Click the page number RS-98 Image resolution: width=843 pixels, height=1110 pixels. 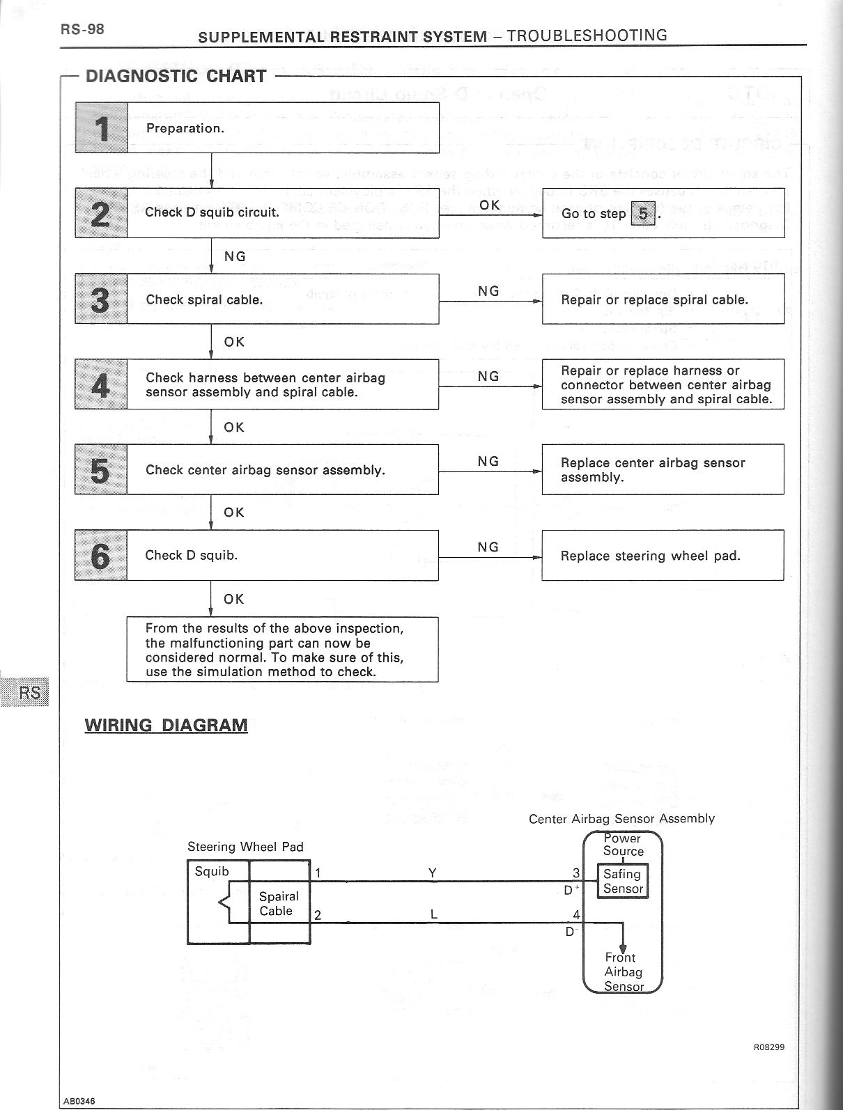(82, 30)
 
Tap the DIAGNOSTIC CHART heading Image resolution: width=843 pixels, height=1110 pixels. (176, 76)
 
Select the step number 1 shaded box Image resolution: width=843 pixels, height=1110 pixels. (101, 128)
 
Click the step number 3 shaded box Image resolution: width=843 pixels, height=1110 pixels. (101, 299)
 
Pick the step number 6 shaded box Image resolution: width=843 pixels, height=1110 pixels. (101, 556)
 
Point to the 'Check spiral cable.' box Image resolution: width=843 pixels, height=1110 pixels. (283, 299)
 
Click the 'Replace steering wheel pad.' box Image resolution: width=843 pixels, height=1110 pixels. (663, 556)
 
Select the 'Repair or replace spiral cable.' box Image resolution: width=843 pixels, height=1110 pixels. (663, 299)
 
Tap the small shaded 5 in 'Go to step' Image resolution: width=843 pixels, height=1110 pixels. (643, 214)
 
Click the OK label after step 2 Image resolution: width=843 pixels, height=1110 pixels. (490, 205)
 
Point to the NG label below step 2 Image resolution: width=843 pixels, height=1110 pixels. (235, 256)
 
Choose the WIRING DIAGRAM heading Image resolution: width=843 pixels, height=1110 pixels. (166, 725)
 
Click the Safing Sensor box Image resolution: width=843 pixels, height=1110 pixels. (623, 881)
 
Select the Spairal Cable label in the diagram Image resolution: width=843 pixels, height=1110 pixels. (279, 903)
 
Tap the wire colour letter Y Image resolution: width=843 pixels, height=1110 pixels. (433, 873)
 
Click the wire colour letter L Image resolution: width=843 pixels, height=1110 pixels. (433, 915)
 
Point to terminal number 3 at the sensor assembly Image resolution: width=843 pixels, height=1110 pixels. (576, 873)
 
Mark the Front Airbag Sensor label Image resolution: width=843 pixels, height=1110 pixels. (623, 972)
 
